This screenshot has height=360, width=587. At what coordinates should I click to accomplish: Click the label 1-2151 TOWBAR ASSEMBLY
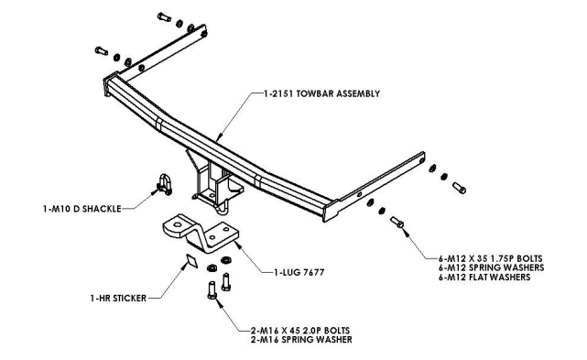tap(321, 93)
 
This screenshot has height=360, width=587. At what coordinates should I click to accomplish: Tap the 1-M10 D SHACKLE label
tap(82, 209)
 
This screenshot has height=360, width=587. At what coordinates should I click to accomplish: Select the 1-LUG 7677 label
tap(299, 272)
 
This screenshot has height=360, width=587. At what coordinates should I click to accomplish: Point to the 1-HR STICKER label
tap(118, 299)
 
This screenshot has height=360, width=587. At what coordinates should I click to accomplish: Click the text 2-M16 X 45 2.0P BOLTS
tap(300, 331)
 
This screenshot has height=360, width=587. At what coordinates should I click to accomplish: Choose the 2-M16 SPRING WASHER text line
tap(301, 340)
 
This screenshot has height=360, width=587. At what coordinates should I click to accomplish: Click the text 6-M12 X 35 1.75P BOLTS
tap(491, 258)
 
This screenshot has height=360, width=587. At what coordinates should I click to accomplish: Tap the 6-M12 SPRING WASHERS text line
tap(492, 267)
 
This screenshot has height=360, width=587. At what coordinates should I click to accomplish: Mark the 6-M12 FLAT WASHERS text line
tap(484, 278)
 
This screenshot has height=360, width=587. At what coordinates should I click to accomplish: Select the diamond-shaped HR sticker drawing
tap(192, 261)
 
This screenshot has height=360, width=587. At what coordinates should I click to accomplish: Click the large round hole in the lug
tap(177, 225)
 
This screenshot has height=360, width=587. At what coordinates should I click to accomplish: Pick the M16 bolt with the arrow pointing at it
tap(212, 290)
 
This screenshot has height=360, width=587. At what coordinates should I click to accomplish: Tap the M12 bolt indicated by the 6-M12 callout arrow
tap(397, 223)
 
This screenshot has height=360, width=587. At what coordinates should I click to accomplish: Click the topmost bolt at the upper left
tap(164, 16)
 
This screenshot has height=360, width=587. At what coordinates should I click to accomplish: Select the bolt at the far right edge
tap(459, 188)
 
